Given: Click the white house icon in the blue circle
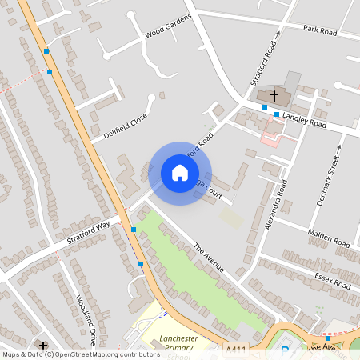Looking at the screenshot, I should (180, 173).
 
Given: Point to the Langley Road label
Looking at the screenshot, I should (306, 120).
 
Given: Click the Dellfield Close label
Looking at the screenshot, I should (126, 126).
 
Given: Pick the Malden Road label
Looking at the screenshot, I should (329, 237).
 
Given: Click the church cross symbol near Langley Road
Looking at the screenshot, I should (274, 95).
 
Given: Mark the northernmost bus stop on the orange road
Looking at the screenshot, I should (46, 51).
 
